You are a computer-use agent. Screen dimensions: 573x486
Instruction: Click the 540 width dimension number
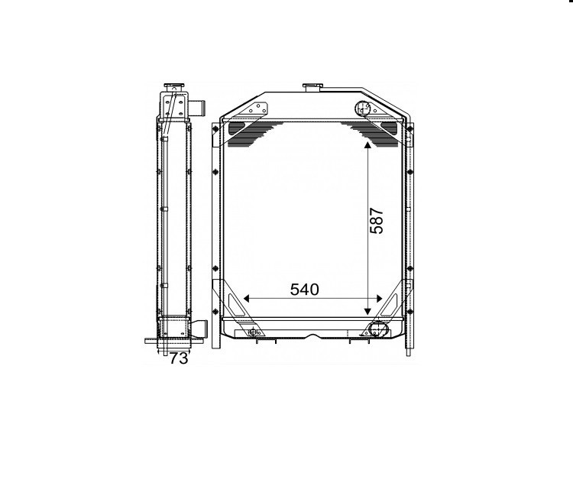pyautogui.click(x=304, y=290)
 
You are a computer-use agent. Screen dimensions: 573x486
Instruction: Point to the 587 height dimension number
pyautogui.click(x=377, y=220)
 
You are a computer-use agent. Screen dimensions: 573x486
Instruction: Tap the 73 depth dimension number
pyautogui.click(x=179, y=358)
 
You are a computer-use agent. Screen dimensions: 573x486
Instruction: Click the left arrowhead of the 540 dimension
pyautogui.click(x=246, y=299)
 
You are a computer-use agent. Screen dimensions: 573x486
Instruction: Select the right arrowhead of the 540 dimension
pyautogui.click(x=379, y=299)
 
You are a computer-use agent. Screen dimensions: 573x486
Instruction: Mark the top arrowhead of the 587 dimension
pyautogui.click(x=367, y=144)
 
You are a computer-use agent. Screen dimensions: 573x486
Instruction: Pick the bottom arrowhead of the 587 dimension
pyautogui.click(x=367, y=311)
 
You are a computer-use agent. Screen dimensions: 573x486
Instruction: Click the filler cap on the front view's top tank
pyautogui.click(x=313, y=88)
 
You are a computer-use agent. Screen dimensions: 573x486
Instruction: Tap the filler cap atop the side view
pyautogui.click(x=173, y=87)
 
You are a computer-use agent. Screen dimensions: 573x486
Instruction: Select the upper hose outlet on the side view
pyautogui.click(x=199, y=108)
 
